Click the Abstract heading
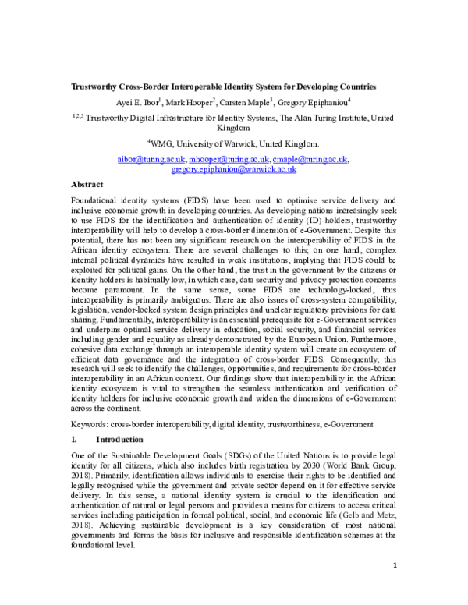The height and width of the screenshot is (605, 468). coord(87,185)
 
